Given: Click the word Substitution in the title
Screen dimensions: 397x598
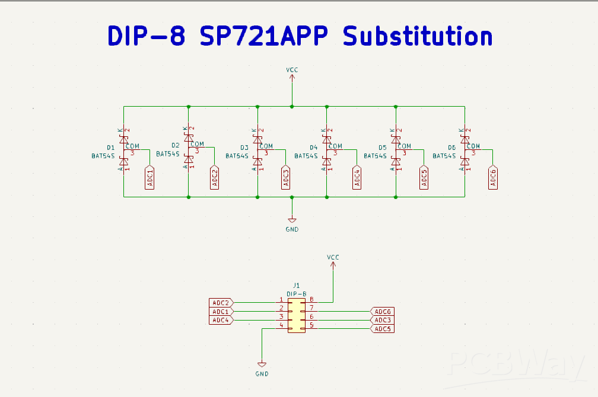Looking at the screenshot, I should coord(418,36).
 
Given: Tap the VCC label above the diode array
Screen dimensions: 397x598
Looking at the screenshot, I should coord(292,70).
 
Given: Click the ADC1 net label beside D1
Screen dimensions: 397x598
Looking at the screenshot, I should coord(150,178).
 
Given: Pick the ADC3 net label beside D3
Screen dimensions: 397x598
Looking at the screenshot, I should coord(286,178).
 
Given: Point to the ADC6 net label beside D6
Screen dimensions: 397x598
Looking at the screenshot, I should coord(494,178).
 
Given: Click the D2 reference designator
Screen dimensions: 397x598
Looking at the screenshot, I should coord(175,145).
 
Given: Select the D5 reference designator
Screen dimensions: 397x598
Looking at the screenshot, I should coord(382,148).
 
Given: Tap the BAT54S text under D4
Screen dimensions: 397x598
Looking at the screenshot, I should coord(306,156).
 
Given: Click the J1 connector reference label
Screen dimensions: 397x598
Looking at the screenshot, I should coord(297,286).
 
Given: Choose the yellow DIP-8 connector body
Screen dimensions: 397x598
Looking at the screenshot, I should coord(297,315).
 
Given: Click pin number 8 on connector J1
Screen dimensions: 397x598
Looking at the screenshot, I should coord(311,300).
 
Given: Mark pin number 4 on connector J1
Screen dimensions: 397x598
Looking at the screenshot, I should coord(281,325).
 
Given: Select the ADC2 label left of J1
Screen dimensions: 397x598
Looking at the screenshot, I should coord(221,303).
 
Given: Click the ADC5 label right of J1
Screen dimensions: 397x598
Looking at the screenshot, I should coord(383,329).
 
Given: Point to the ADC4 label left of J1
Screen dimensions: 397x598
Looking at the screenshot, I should coord(221,320).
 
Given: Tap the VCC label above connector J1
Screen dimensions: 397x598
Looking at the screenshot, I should coord(333,257).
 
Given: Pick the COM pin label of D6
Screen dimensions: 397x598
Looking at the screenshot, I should coord(473,146).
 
